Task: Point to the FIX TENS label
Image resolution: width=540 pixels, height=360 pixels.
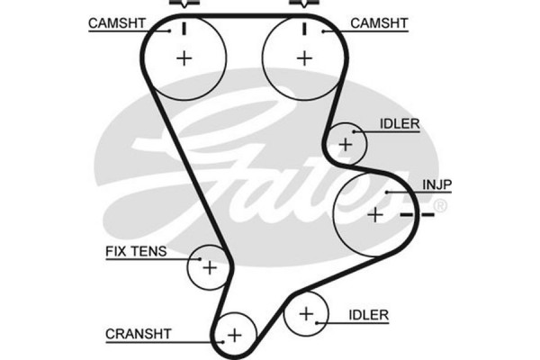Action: click(136, 252)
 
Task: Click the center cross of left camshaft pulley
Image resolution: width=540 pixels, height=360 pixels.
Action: click(184, 58)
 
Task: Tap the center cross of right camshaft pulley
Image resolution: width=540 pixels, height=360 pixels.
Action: click(304, 58)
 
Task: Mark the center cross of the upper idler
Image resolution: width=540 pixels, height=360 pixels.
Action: click(346, 143)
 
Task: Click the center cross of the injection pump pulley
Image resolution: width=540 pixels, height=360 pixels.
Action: click(375, 215)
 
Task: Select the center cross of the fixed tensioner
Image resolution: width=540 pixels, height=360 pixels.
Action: click(210, 267)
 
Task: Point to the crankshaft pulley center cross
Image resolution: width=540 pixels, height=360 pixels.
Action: click(235, 335)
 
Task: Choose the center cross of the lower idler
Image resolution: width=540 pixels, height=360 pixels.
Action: click(306, 314)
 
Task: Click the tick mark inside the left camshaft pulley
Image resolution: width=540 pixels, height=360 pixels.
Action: click(184, 27)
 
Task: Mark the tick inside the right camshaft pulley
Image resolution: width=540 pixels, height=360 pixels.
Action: click(305, 27)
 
